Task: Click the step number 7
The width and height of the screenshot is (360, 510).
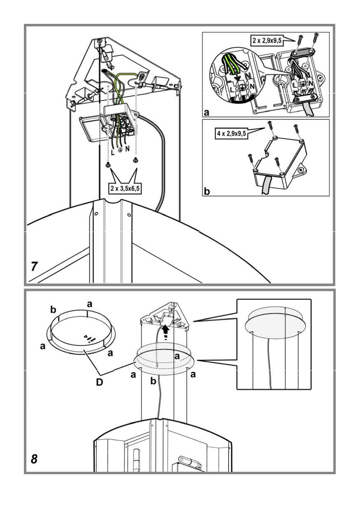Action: click(35, 266)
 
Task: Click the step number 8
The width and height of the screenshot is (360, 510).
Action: click(35, 458)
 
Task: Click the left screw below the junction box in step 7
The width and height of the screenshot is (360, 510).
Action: click(108, 165)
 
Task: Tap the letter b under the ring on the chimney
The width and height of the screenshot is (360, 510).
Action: click(153, 382)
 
